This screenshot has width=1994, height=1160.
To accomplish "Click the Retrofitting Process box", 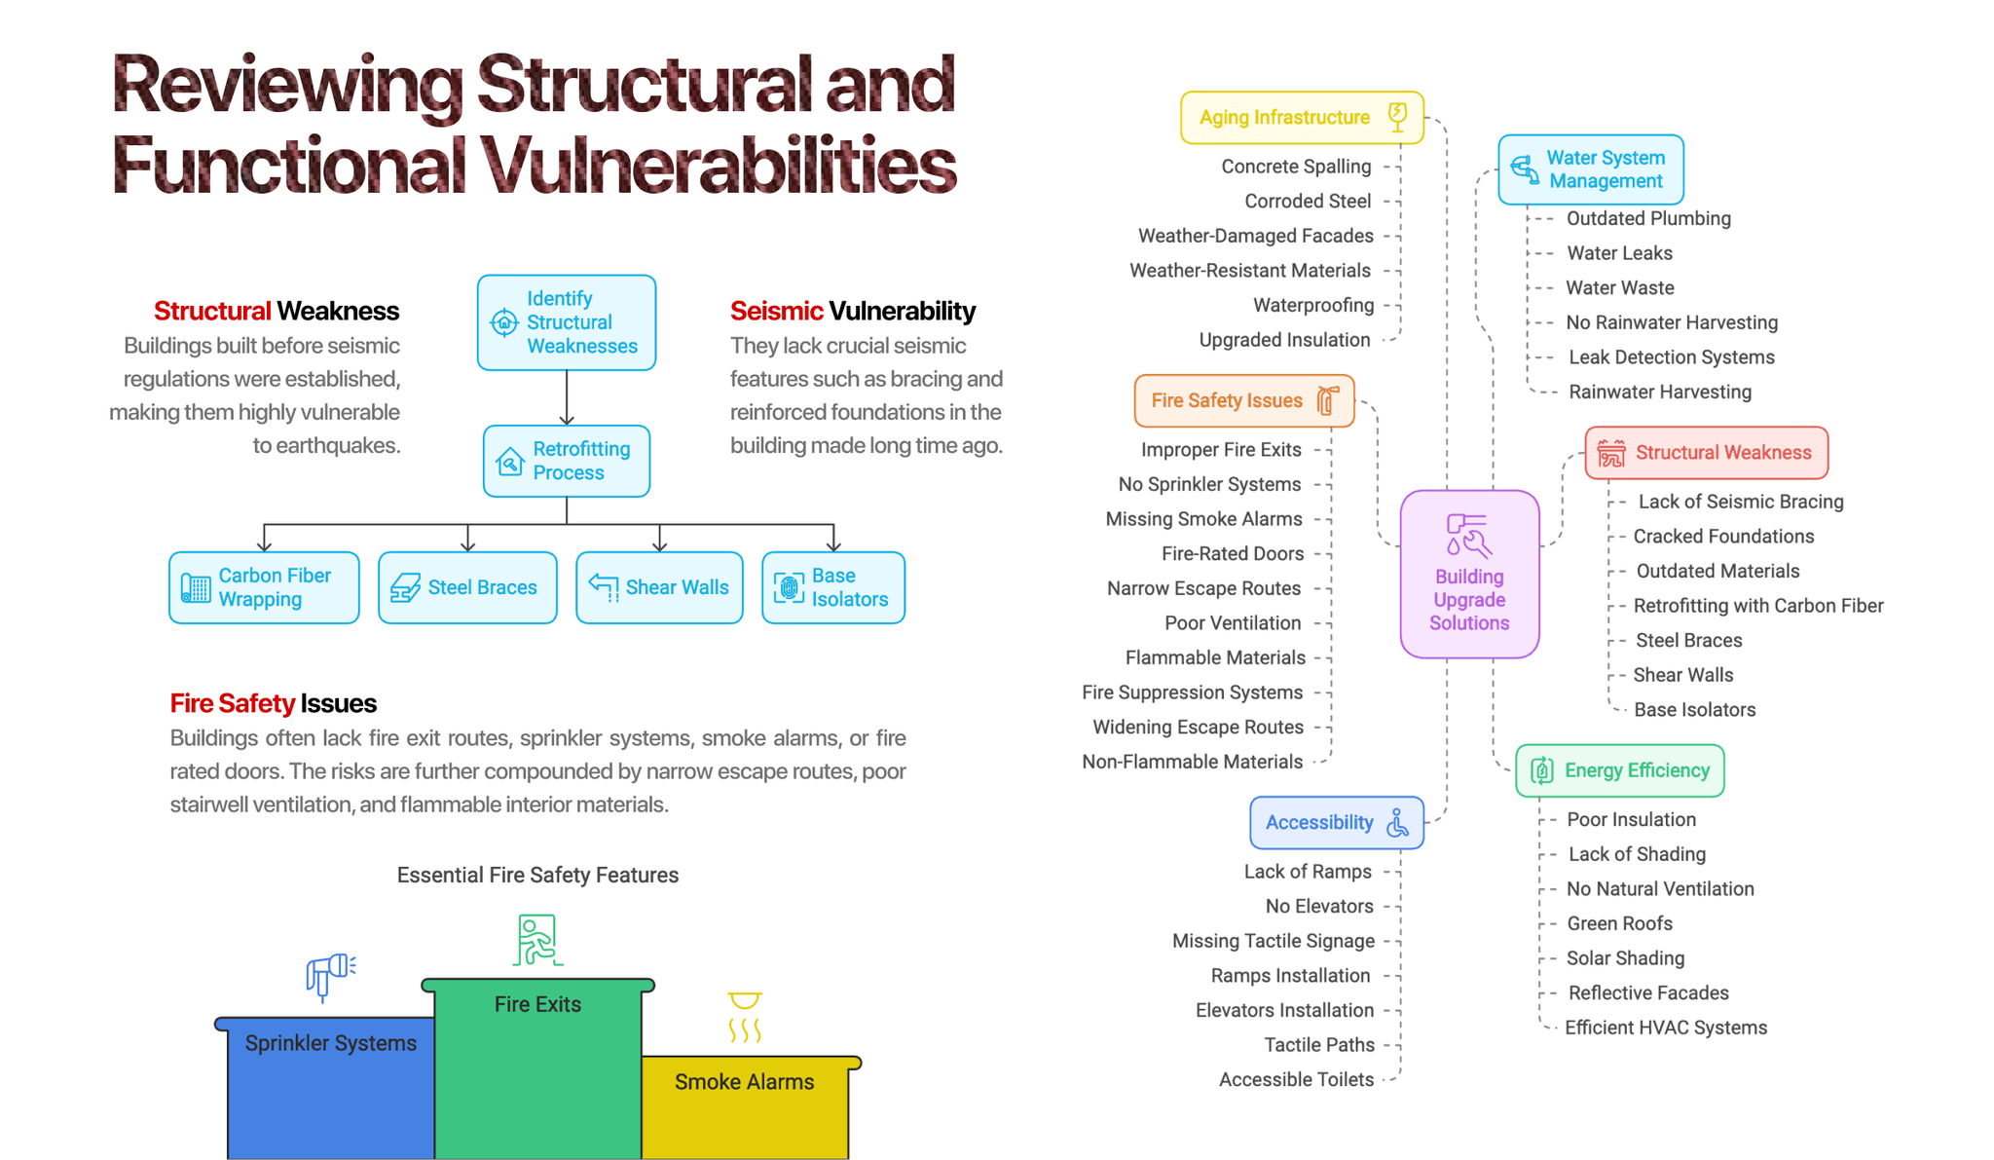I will [x=567, y=461].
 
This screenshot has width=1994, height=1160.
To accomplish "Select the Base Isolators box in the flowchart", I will [x=833, y=587].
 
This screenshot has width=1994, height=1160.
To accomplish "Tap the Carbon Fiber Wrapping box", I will [x=264, y=587].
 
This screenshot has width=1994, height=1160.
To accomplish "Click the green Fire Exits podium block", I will [x=537, y=1071].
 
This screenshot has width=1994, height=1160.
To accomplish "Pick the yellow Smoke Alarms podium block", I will [x=745, y=1110].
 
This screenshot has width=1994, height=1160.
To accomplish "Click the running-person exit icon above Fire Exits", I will [x=536, y=940].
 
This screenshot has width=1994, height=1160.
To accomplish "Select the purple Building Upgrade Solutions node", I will [x=1469, y=574].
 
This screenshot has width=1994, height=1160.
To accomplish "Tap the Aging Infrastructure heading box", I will [x=1302, y=118].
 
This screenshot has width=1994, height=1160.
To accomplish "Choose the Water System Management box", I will [x=1590, y=169].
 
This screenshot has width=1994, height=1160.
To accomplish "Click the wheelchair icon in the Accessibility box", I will [x=1398, y=823].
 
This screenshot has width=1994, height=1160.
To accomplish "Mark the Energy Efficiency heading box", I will [x=1619, y=770].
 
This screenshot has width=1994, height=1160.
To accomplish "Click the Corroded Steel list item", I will [x=1308, y=202].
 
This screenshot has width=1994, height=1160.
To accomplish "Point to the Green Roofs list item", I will [x=1619, y=923].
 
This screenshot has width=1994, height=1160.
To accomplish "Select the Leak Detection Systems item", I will [x=1671, y=357].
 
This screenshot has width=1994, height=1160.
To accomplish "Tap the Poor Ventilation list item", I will [x=1233, y=623].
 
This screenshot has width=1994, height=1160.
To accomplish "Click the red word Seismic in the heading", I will [x=776, y=311].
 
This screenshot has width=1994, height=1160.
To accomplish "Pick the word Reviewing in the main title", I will [x=287, y=86].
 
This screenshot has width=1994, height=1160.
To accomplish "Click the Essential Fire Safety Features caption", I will [x=537, y=875].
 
